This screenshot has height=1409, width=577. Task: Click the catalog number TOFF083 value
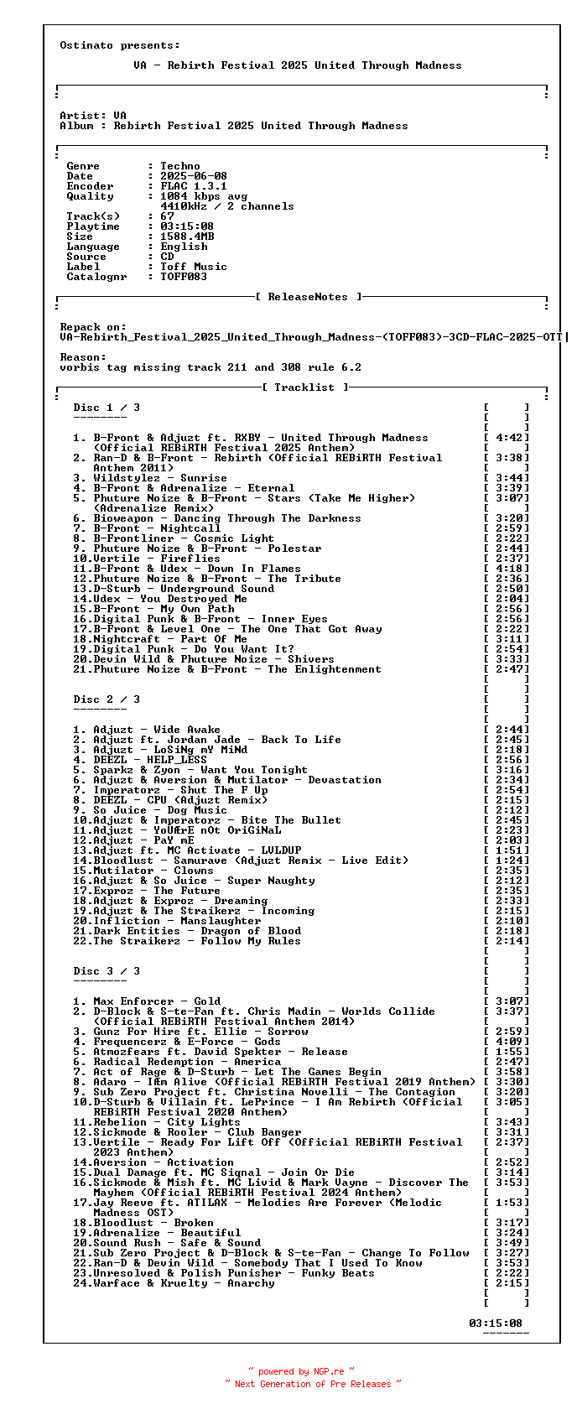click(184, 277)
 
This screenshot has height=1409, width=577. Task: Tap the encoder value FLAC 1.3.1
click(194, 186)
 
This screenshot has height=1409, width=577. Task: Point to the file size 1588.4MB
click(187, 237)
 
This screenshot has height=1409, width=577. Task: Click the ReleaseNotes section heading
click(309, 297)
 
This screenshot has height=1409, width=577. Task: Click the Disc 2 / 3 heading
click(107, 699)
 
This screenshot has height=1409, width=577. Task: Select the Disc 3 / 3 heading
click(107, 971)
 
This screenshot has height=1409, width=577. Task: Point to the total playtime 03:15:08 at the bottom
click(496, 1323)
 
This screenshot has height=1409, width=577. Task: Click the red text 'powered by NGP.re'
click(301, 1372)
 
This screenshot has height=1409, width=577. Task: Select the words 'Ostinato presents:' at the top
click(120, 45)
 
